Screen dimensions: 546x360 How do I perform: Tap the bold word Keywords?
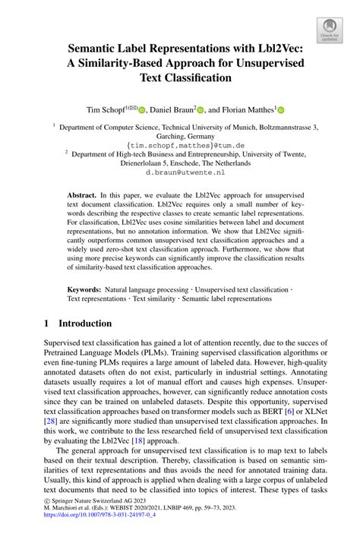[85, 289]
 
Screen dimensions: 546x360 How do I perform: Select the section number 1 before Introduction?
[47, 322]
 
